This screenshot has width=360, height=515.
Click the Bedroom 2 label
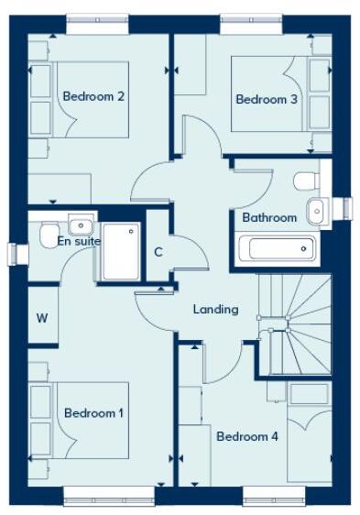pyautogui.click(x=93, y=96)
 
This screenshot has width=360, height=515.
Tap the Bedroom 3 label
pyautogui.click(x=267, y=99)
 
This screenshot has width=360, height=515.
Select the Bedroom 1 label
pyautogui.click(x=93, y=413)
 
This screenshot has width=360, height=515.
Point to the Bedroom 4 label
pyautogui.click(x=247, y=436)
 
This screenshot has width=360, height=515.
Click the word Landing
pyautogui.click(x=215, y=309)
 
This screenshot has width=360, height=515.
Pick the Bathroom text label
pyautogui.click(x=269, y=217)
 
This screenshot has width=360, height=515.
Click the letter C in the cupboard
pyautogui.click(x=158, y=252)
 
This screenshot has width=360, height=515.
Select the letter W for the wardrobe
pyautogui.click(x=42, y=318)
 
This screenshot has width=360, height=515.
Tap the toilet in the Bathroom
pyautogui.click(x=306, y=181)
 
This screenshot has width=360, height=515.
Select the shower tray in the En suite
pyautogui.click(x=121, y=251)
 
